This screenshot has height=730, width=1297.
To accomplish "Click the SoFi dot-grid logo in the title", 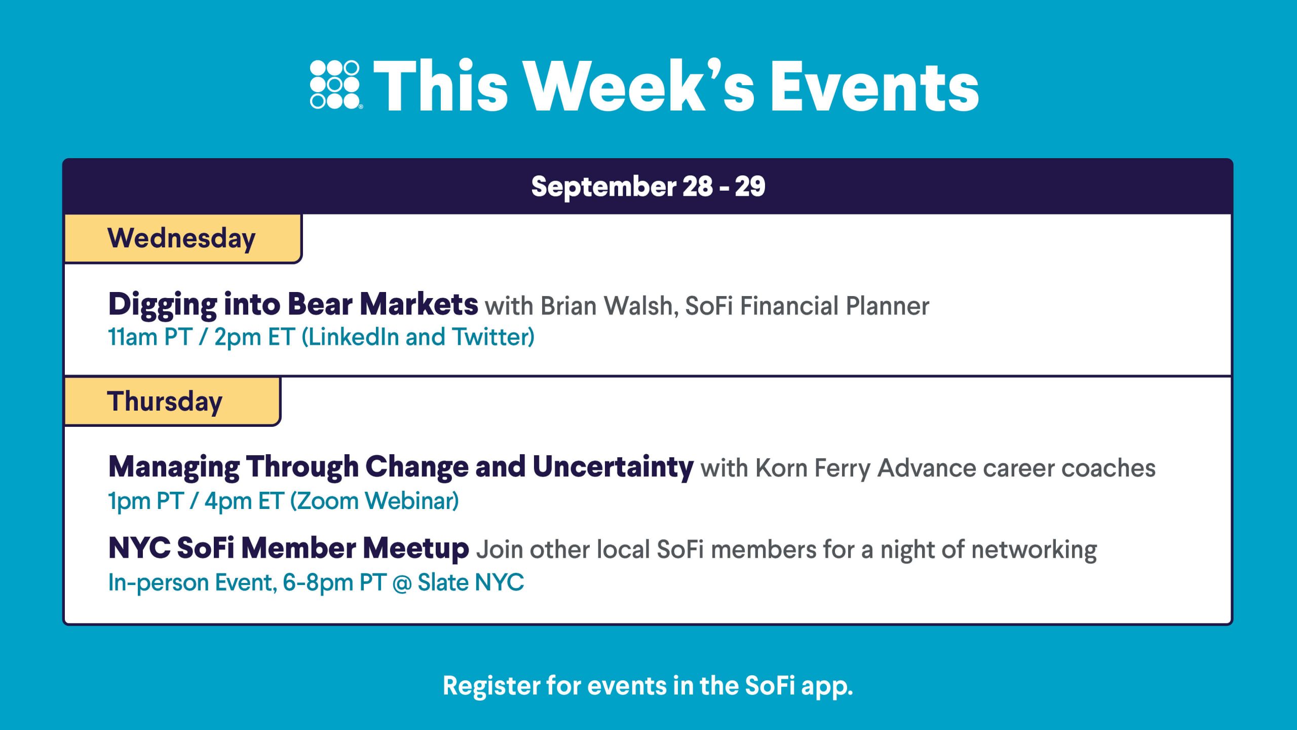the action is tap(335, 85).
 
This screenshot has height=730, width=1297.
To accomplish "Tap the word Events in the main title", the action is tap(874, 87).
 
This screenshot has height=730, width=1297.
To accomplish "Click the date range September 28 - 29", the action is tap(648, 187).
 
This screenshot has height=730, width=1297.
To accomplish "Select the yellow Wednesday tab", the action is tap(183, 238).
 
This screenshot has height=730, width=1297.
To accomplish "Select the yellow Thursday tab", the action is tap(172, 401).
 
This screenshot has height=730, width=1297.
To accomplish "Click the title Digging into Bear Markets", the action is tap(293, 305).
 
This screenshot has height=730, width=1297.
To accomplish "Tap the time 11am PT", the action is tap(150, 337).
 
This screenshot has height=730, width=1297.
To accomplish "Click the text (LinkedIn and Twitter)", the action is tap(418, 338).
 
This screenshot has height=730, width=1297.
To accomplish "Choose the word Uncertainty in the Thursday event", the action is tap(613, 467).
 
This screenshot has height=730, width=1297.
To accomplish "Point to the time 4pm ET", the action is tap(244, 501).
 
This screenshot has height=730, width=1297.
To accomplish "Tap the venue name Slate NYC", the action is tap(471, 582).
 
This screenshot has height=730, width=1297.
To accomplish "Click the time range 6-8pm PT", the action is tap(333, 582).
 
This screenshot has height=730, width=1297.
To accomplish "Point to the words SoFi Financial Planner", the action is tap(807, 306).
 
